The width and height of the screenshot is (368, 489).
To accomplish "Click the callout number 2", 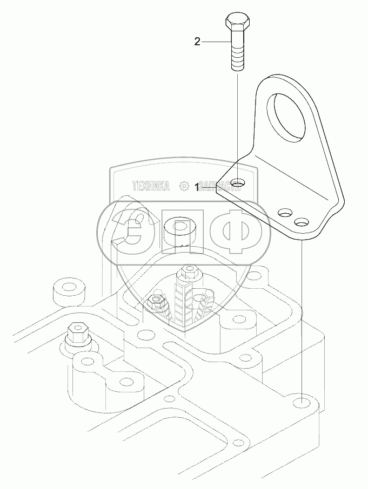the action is tap(198, 41).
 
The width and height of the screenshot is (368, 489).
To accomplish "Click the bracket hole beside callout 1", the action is tap(236, 184).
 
